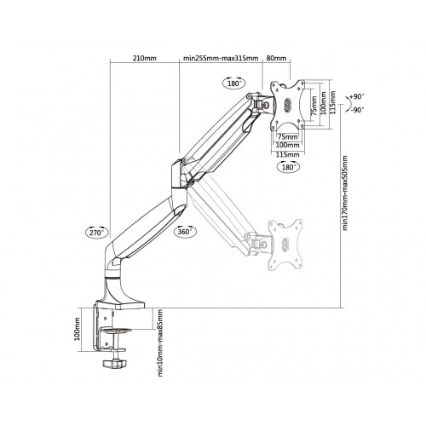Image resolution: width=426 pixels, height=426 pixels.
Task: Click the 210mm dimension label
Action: (145, 58)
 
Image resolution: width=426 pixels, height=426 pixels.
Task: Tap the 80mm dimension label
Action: (277, 58)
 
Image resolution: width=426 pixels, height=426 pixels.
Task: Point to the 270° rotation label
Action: (95, 232)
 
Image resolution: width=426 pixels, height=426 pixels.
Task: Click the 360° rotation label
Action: (185, 232)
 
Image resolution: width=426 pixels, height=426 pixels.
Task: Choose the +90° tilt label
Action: (358, 96)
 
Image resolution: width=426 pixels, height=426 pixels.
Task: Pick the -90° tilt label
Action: (358, 110)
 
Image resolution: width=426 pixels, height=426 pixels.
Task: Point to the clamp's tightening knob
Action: (113, 364)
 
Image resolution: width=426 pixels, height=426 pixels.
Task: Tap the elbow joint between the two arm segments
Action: (181, 165)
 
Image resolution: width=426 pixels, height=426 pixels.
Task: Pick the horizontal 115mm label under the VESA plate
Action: (287, 154)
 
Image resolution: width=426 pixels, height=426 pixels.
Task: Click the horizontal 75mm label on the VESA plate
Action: (287, 135)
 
